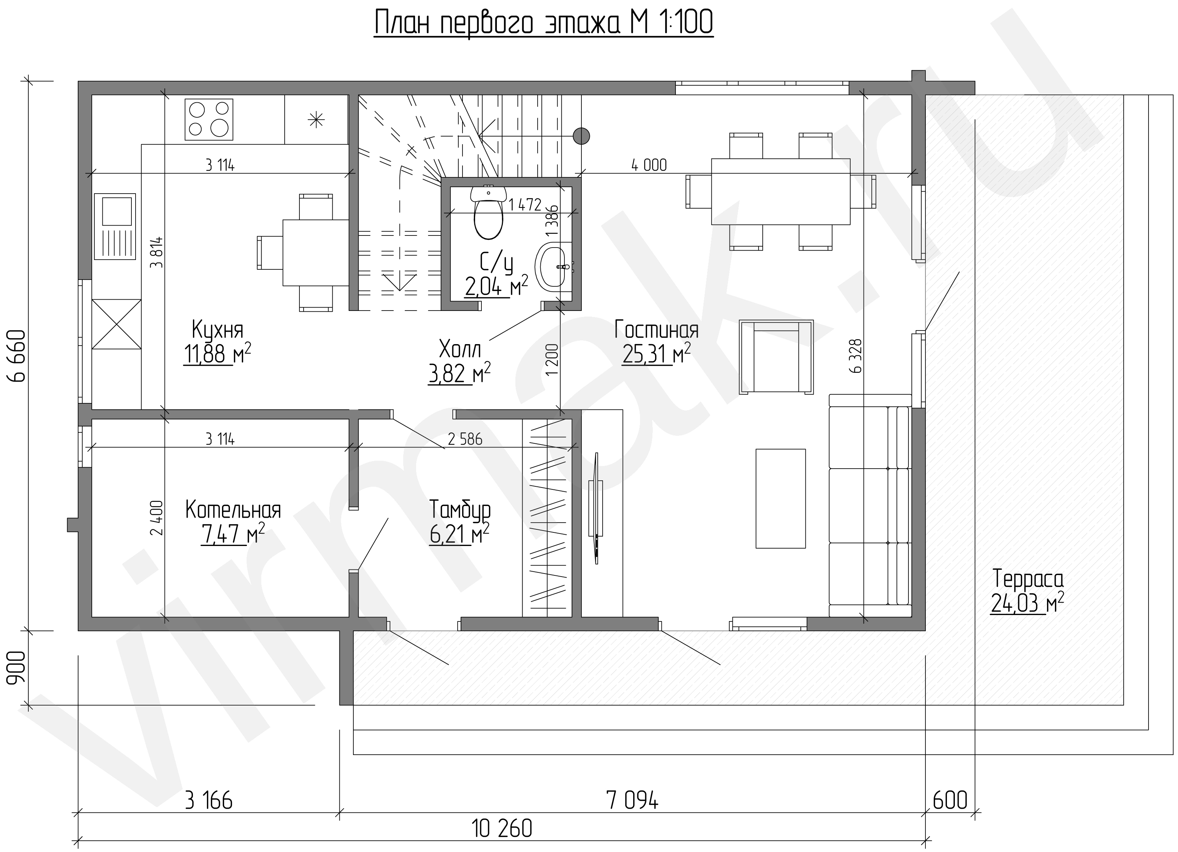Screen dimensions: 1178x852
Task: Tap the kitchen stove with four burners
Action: pyautogui.click(x=209, y=119)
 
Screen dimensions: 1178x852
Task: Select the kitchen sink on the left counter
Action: pyautogui.click(x=115, y=227)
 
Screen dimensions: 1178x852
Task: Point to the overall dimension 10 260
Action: pyautogui.click(x=502, y=829)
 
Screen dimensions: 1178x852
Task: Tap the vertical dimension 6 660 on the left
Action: pyautogui.click(x=17, y=356)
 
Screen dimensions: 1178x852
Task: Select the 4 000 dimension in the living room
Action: pyautogui.click(x=649, y=165)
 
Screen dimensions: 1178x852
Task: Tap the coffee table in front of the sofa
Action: pyautogui.click(x=781, y=498)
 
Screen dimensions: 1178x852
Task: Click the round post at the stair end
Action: pyautogui.click(x=581, y=136)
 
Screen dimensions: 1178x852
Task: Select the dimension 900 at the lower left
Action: pyautogui.click(x=17, y=668)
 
